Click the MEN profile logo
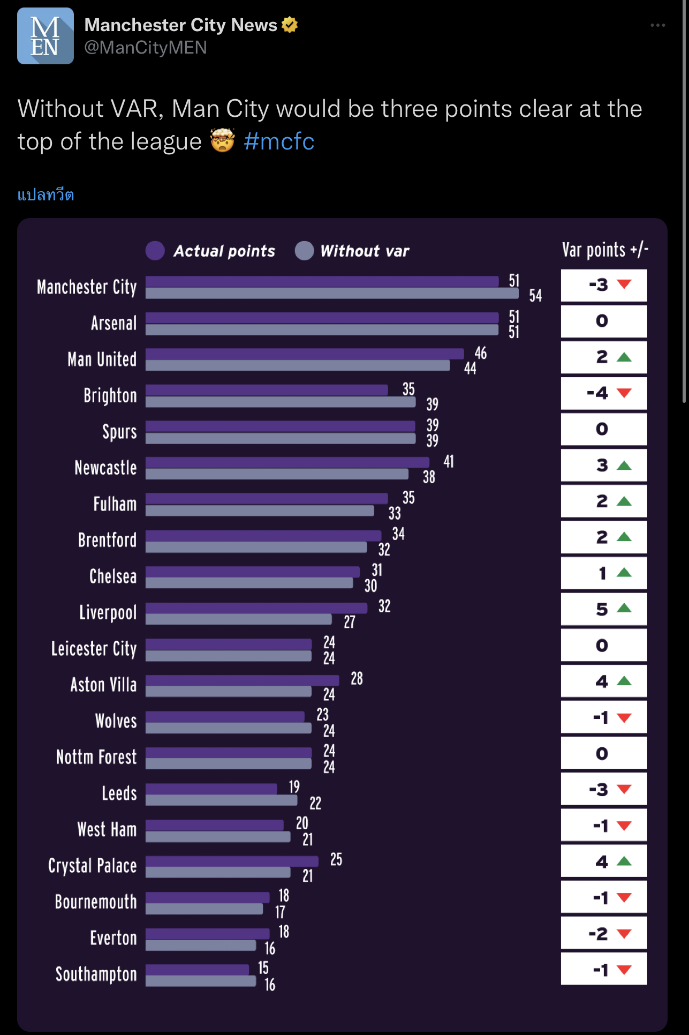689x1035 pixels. [46, 36]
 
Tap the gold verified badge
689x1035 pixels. [290, 25]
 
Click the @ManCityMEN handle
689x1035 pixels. [146, 48]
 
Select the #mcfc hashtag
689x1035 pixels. [279, 141]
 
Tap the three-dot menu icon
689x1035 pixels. [657, 25]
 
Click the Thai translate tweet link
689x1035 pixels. [46, 194]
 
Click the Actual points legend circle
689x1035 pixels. [155, 251]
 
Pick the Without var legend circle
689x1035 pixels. [304, 251]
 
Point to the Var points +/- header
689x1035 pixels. [605, 250]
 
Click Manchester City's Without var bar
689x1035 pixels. [332, 294]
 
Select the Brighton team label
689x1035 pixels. [110, 395]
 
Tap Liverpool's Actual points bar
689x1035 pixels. [256, 608]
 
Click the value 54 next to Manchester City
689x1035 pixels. [535, 296]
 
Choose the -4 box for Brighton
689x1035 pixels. [604, 393]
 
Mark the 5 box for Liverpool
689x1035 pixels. [604, 609]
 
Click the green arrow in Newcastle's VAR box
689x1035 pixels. [624, 466]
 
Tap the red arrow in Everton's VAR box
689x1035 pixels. [624, 934]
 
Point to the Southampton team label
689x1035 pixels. [96, 974]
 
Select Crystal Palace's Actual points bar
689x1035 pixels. [232, 861]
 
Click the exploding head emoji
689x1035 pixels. [222, 140]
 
